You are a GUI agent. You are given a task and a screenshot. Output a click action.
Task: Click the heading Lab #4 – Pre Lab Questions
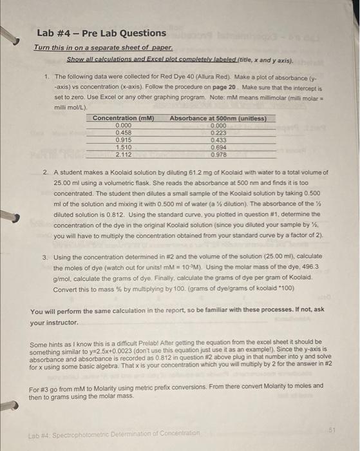101,33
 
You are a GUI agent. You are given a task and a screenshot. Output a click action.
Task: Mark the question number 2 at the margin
46,173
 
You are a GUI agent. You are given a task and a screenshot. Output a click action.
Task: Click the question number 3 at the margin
46,256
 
